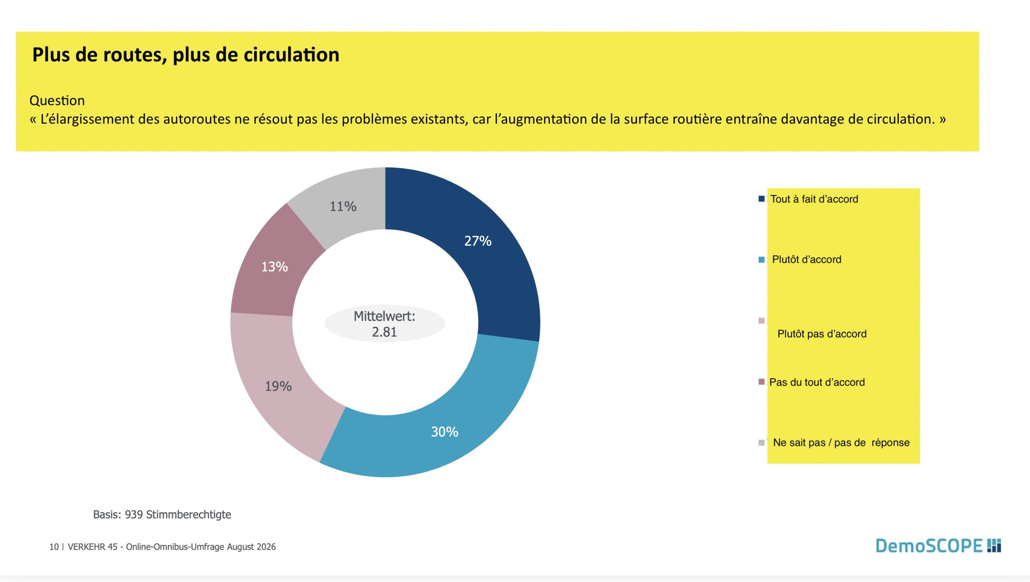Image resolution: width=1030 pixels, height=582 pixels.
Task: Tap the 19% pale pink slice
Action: click(x=278, y=386)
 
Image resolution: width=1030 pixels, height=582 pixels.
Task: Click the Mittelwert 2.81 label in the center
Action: click(x=385, y=324)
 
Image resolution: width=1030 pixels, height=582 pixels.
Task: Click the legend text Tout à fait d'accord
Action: click(x=814, y=199)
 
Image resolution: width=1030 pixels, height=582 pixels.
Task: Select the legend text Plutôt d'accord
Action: click(x=807, y=260)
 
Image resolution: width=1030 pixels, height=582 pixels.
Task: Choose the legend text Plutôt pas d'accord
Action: click(x=822, y=334)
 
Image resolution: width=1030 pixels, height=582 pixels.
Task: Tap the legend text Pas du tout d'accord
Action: click(x=817, y=382)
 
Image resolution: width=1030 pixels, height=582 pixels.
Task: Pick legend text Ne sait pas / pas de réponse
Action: click(x=841, y=443)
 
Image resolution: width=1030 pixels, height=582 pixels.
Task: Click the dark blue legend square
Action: click(x=761, y=199)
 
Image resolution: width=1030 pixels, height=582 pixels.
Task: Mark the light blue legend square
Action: click(x=761, y=260)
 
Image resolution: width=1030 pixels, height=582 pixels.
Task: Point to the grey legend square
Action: click(x=761, y=443)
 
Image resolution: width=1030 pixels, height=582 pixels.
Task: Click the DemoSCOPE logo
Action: click(x=938, y=546)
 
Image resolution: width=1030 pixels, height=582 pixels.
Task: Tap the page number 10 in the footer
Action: click(x=54, y=547)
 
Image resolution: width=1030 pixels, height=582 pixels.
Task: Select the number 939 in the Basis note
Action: click(x=134, y=514)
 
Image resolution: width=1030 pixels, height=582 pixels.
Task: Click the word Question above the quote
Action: click(x=57, y=101)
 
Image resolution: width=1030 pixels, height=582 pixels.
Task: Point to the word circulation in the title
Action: click(x=292, y=55)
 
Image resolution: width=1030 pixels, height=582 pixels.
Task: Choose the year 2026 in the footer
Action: click(x=266, y=547)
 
